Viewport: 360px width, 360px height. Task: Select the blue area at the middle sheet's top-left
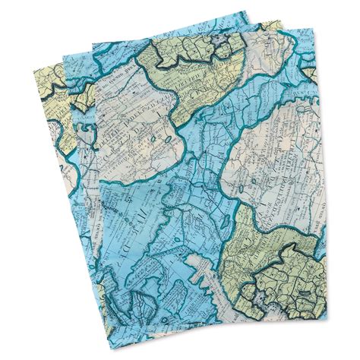click(76, 68)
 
